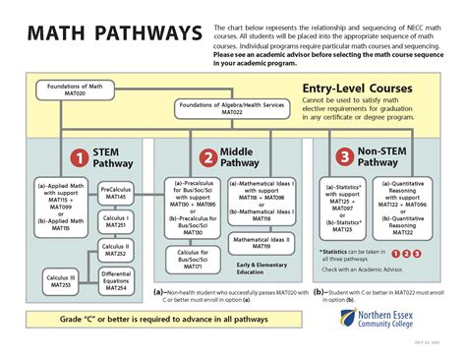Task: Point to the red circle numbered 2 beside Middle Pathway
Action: click(207, 156)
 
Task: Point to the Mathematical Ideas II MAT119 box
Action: click(262, 242)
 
